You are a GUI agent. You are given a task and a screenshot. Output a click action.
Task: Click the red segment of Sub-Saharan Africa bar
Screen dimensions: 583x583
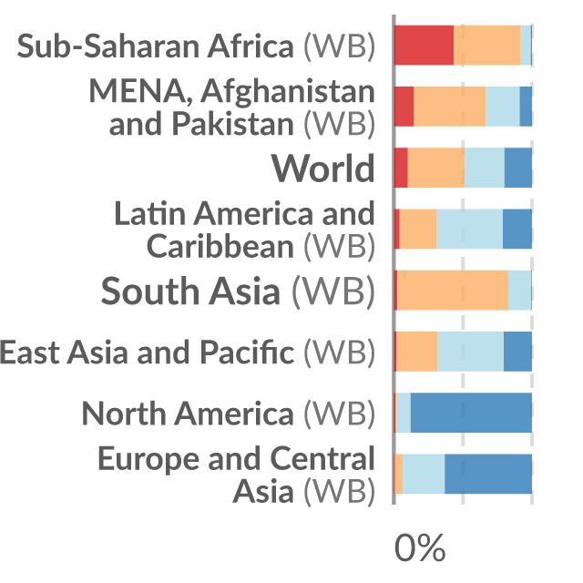(424, 46)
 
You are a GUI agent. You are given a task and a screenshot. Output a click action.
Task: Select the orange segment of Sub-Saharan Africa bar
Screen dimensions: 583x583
(486, 46)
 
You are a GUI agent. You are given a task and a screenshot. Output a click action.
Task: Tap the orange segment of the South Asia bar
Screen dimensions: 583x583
(453, 290)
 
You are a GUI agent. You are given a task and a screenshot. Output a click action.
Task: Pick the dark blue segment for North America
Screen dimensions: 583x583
(471, 413)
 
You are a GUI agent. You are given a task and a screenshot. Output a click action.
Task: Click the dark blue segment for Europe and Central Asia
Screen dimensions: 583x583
(488, 474)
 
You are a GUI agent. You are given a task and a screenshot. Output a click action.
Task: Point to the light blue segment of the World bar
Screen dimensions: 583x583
(485, 168)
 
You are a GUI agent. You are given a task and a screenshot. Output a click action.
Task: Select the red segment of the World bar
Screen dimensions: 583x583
(401, 168)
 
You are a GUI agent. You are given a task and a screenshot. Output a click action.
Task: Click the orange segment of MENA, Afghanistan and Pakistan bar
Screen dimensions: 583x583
(449, 107)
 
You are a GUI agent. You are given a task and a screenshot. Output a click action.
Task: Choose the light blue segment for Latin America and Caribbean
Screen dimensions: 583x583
(470, 229)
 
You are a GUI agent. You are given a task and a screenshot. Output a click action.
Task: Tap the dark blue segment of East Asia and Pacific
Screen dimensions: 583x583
(517, 352)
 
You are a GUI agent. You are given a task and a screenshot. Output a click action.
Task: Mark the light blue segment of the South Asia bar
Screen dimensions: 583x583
(520, 290)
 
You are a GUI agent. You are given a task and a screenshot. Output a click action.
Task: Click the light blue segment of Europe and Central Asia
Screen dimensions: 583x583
(424, 474)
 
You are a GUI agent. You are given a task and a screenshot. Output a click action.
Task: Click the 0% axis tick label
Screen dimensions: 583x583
(420, 548)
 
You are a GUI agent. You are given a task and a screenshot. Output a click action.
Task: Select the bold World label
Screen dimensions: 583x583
(322, 168)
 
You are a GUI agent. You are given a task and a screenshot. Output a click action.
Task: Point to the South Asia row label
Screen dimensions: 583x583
(238, 291)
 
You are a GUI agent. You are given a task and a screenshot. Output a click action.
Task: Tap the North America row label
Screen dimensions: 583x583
(229, 414)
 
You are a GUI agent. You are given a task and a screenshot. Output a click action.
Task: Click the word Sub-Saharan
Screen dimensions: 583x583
(108, 46)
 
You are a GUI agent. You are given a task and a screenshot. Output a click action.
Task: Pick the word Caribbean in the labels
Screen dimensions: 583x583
(220, 246)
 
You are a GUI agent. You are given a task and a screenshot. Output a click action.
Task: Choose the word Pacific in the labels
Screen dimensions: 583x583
(247, 352)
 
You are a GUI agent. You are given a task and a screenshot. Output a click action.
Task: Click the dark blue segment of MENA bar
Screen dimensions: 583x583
(526, 107)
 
